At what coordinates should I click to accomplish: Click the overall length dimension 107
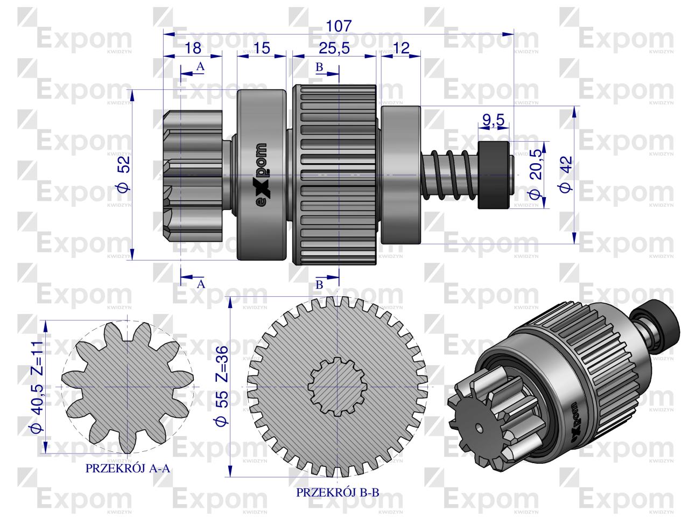tap(338, 25)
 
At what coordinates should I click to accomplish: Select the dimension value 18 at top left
tap(192, 47)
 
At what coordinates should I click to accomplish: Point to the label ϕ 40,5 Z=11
tap(36, 388)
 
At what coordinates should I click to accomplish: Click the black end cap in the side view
tap(494, 175)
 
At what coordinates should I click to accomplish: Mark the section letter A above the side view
tap(200, 67)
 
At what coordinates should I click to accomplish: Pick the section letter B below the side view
tap(319, 285)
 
